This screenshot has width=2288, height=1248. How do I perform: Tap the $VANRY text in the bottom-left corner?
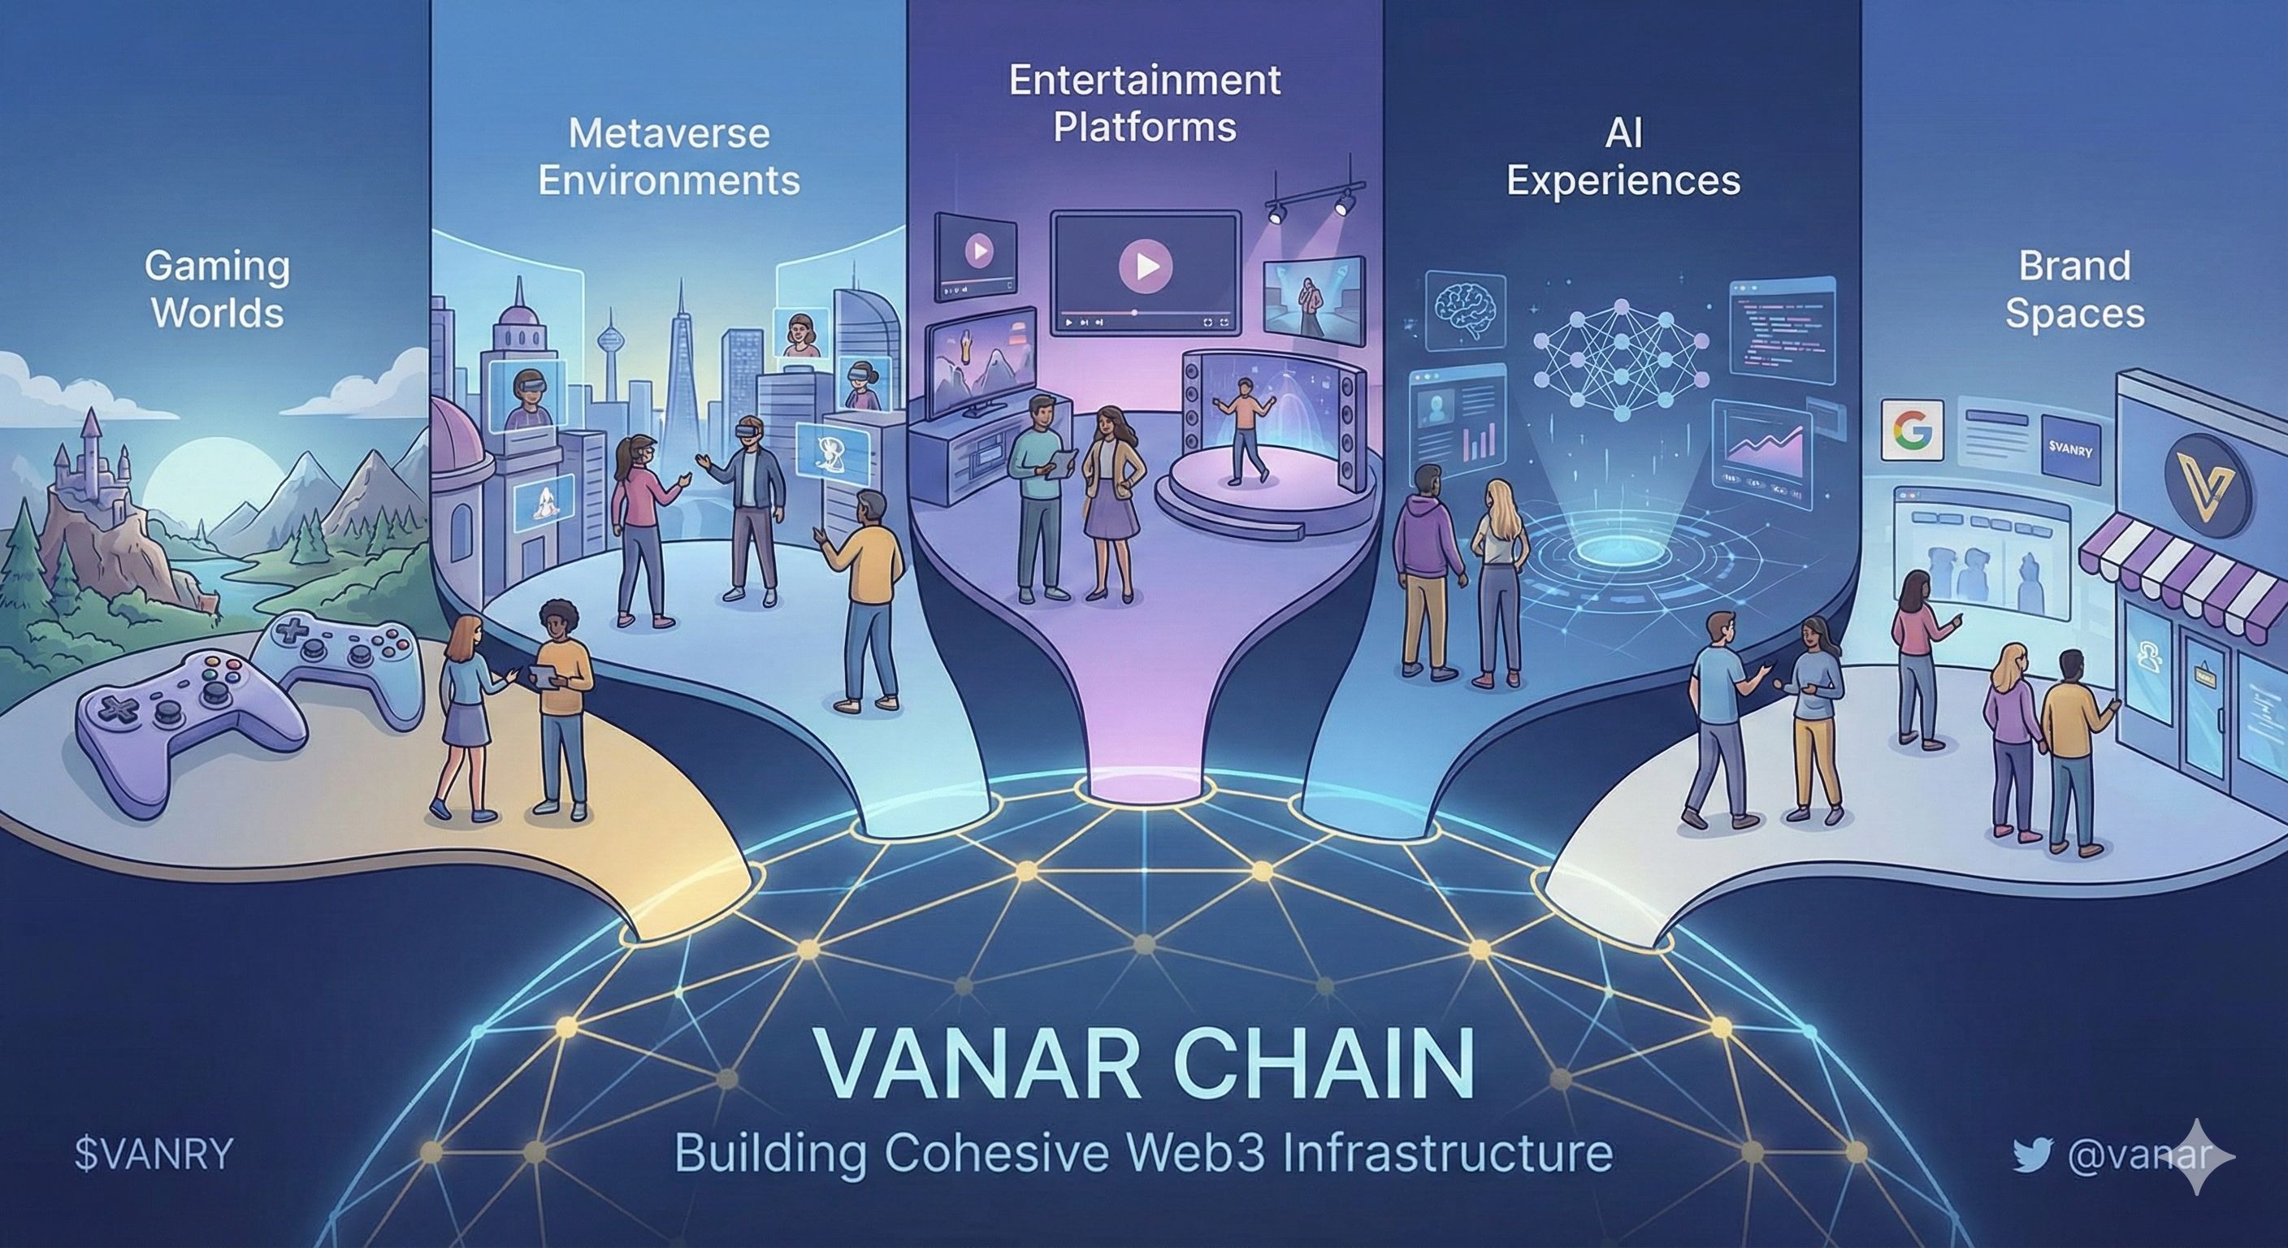[x=153, y=1155]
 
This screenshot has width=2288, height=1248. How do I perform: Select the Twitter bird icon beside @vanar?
[x=2034, y=1155]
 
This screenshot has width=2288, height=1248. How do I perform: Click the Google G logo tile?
[x=1911, y=430]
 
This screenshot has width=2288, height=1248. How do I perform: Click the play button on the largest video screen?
[x=1145, y=265]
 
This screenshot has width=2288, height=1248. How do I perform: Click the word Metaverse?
[x=669, y=134]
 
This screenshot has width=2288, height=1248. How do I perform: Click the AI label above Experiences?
[x=1623, y=134]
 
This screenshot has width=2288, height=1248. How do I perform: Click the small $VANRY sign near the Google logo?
[x=2069, y=450]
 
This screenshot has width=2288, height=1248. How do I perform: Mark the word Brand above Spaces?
[x=2074, y=266]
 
